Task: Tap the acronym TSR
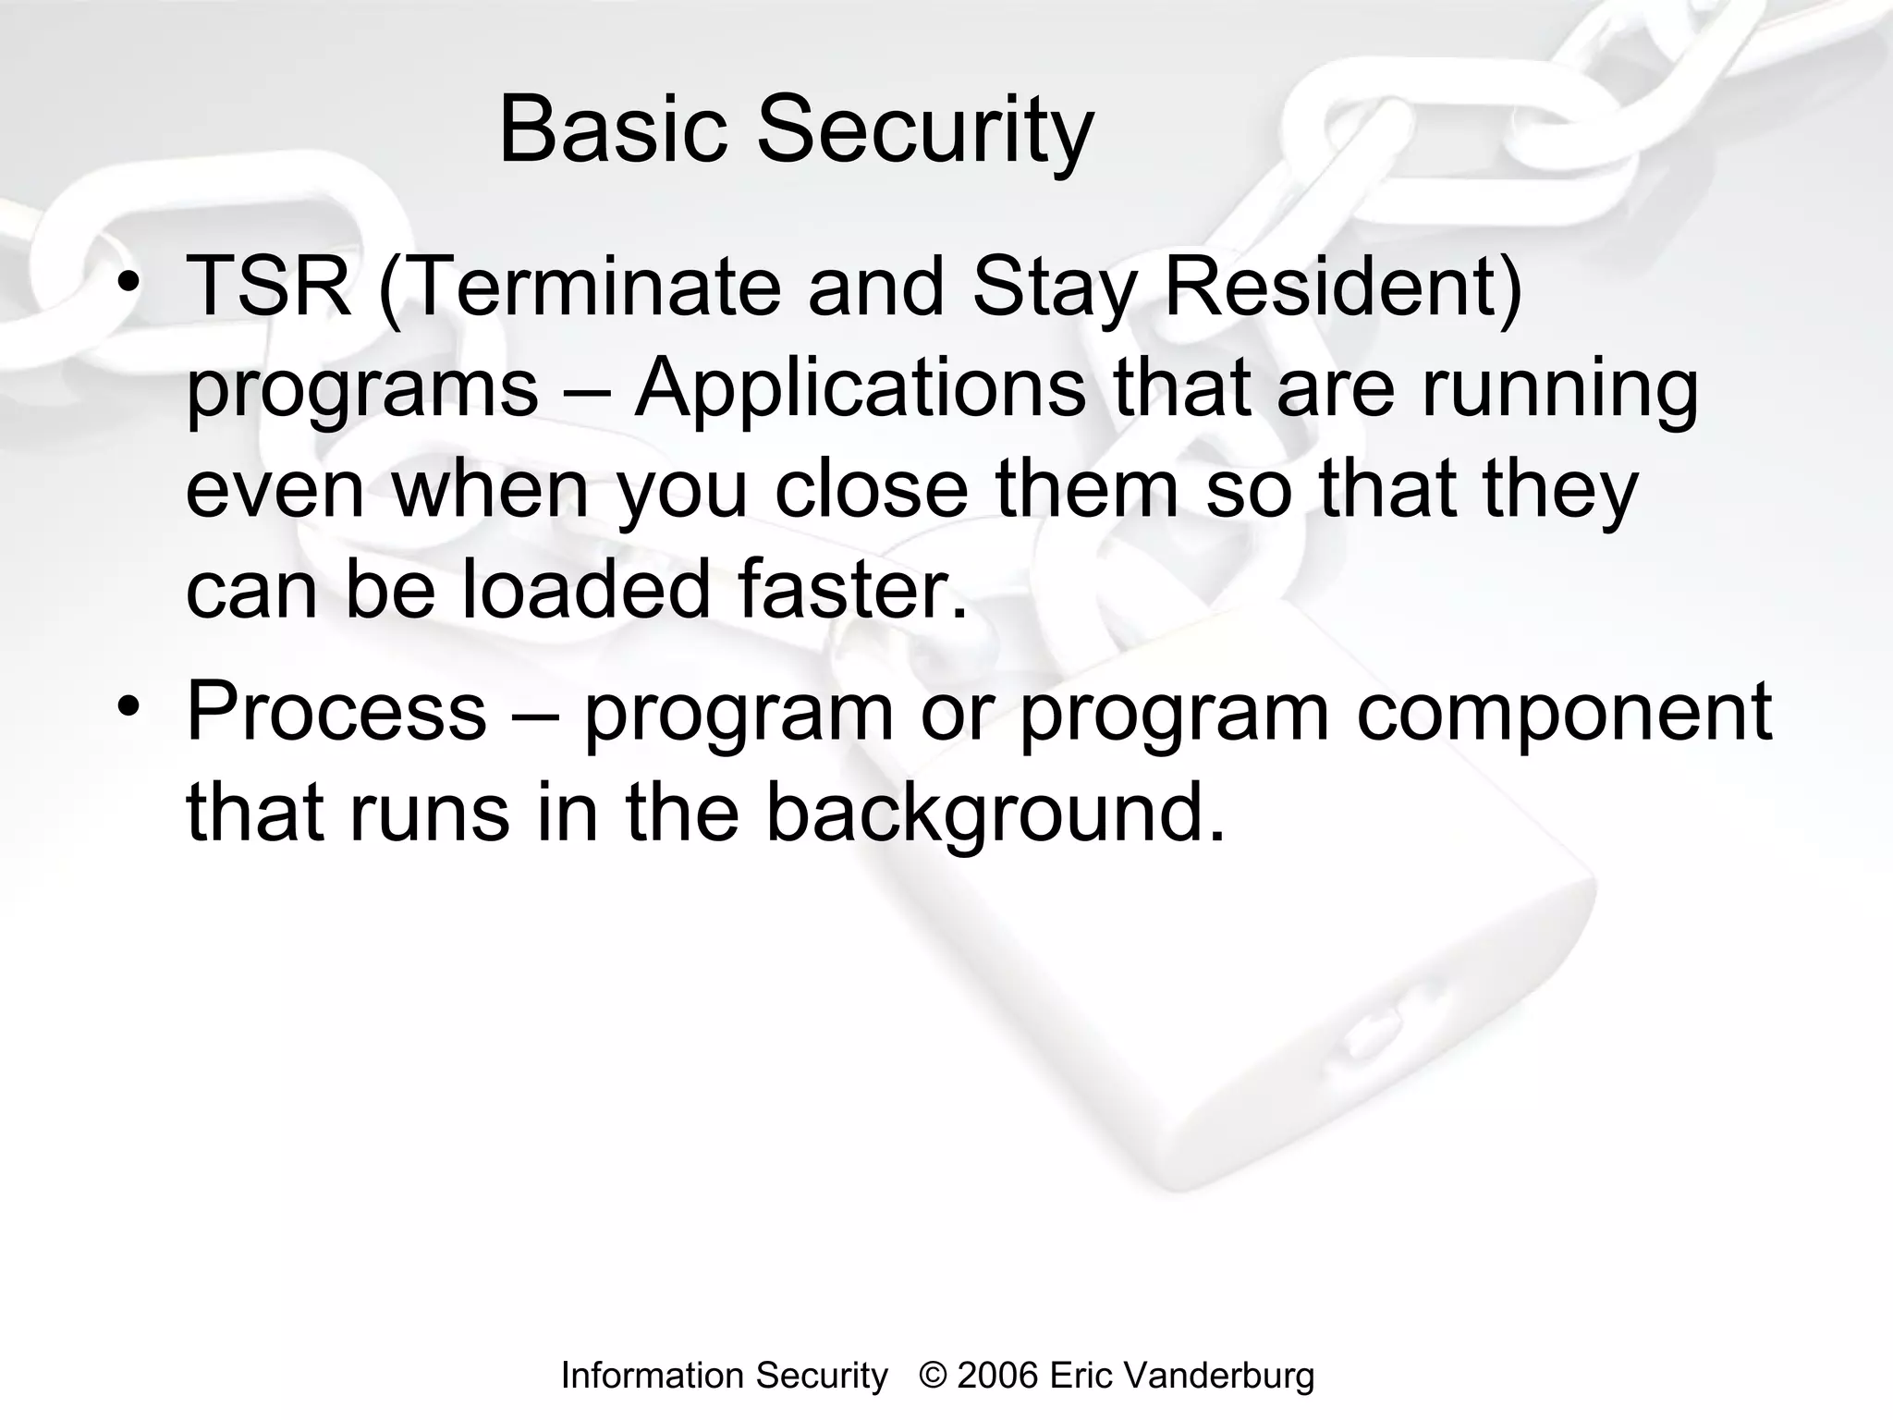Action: click(x=268, y=287)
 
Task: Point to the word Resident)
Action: click(x=1342, y=287)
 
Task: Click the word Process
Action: click(x=336, y=712)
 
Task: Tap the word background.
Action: click(x=995, y=814)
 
